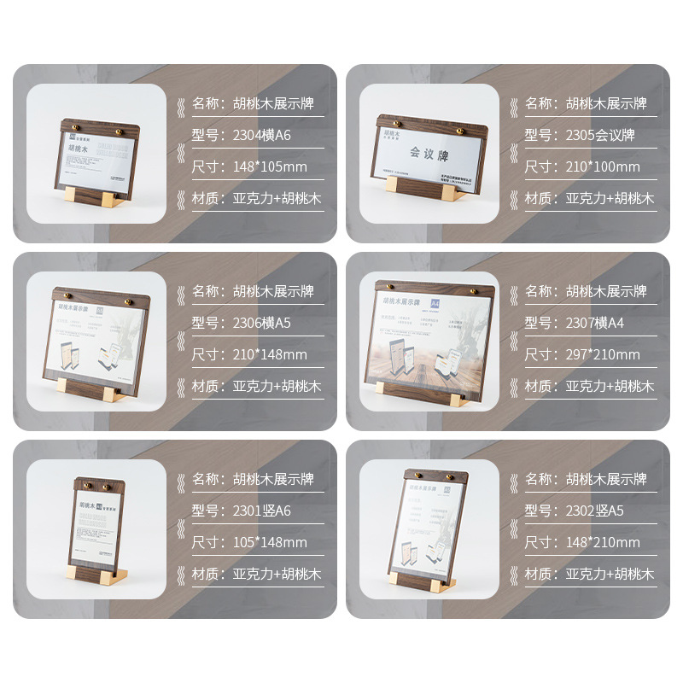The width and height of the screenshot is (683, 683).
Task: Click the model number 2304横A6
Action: (262, 135)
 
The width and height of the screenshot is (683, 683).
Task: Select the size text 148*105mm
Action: (270, 166)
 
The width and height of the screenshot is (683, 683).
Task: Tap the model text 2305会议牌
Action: (600, 135)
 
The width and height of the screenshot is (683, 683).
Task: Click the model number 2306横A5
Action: (262, 323)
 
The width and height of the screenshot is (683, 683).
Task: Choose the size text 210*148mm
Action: (270, 354)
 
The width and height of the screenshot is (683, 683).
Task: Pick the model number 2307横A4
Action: (595, 323)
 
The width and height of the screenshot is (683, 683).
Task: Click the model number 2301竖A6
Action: (262, 511)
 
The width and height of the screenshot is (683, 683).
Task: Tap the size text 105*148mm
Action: (270, 542)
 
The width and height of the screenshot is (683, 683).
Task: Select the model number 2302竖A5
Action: (595, 511)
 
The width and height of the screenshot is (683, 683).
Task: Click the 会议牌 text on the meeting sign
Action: (429, 155)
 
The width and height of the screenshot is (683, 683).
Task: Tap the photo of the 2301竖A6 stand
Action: (95, 529)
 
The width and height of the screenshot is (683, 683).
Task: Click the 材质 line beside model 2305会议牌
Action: (589, 199)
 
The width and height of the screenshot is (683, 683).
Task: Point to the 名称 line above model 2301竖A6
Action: (253, 479)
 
